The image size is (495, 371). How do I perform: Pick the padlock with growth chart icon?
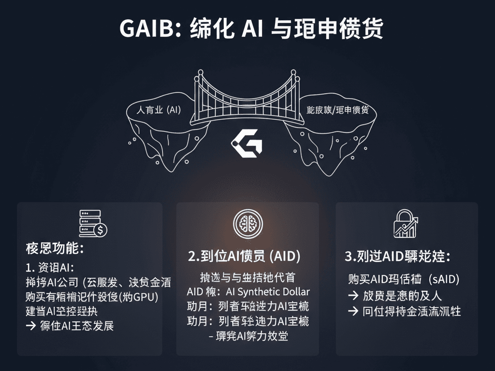tap(406, 224)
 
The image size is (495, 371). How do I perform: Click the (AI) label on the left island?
tap(173, 110)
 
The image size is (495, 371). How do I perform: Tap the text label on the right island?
tap(338, 110)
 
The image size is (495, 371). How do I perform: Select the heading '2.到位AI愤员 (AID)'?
tap(244, 257)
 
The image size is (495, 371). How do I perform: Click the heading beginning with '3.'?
tap(397, 257)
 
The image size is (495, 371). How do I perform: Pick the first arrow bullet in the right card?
tap(353, 296)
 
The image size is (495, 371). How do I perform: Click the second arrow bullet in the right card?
tap(353, 311)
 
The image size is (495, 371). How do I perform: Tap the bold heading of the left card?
tap(55, 249)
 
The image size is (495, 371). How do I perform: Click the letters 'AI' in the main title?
tap(251, 29)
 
